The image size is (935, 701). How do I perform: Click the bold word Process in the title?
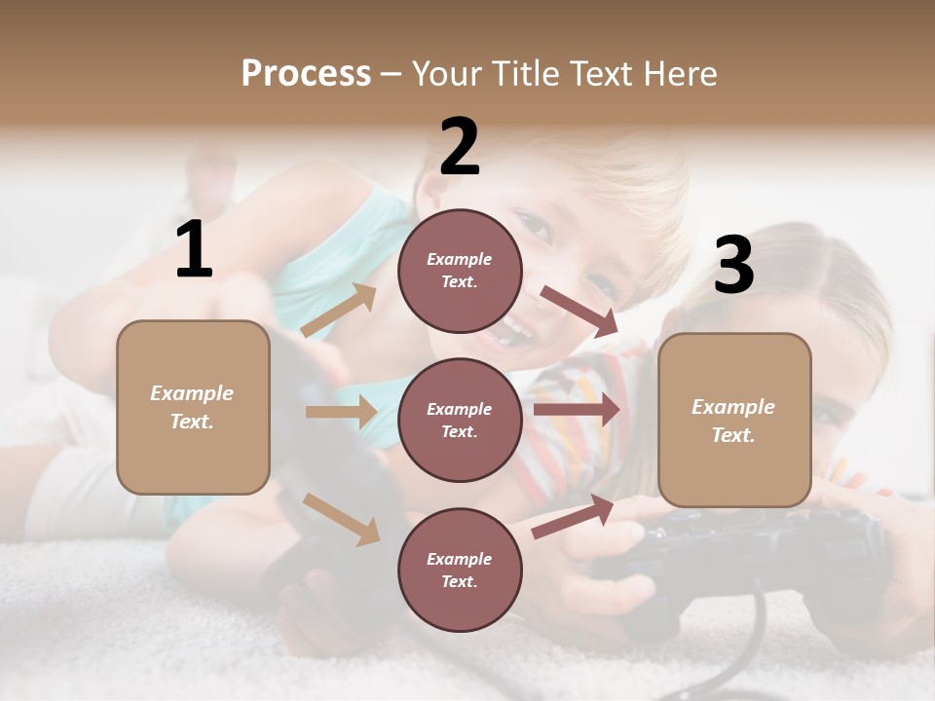[x=306, y=74]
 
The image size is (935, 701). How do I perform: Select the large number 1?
[x=194, y=250]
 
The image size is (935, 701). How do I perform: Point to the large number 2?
[x=460, y=147]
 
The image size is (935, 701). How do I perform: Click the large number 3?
[x=733, y=265]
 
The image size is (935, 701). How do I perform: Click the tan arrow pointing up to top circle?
[x=339, y=311]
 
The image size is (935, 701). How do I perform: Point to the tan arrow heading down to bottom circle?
[x=342, y=518]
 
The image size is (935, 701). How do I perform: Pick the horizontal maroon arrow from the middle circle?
[x=577, y=410]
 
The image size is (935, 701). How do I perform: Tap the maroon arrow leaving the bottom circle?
[x=574, y=516]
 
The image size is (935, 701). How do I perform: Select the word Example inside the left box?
[x=192, y=393]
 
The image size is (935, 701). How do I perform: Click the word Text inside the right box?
[x=732, y=435]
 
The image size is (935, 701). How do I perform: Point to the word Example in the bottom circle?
[x=459, y=559]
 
